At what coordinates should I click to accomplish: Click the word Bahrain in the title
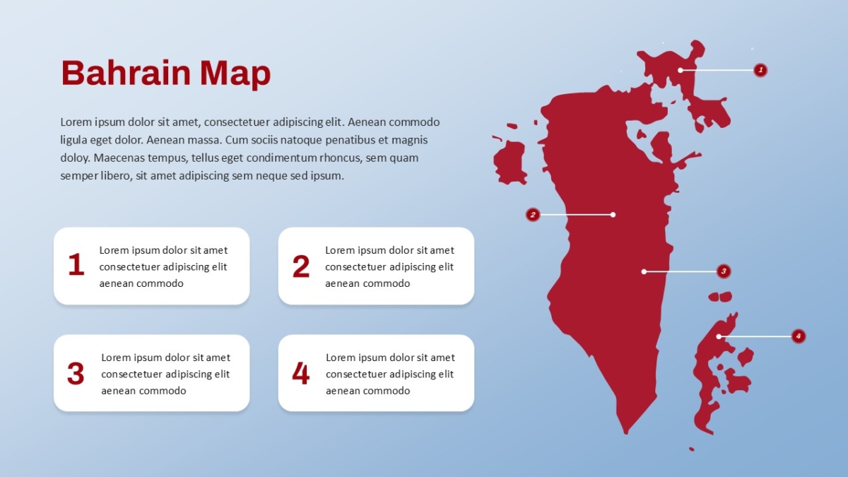pyautogui.click(x=126, y=72)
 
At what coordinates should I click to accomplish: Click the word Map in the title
pyautogui.click(x=235, y=75)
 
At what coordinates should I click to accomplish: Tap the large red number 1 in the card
pyautogui.click(x=76, y=264)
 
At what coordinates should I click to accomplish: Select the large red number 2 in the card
pyautogui.click(x=301, y=266)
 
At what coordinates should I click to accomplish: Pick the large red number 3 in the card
pyautogui.click(x=76, y=373)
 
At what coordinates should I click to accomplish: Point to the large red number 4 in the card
pyautogui.click(x=300, y=373)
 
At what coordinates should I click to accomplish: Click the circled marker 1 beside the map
pyautogui.click(x=760, y=70)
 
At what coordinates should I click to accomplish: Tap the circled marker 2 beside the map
pyautogui.click(x=533, y=215)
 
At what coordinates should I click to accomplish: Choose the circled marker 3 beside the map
pyautogui.click(x=724, y=271)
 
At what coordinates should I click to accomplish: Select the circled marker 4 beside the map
pyautogui.click(x=799, y=336)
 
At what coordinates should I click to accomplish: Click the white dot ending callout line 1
pyautogui.click(x=681, y=70)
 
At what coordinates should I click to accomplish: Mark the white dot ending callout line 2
pyautogui.click(x=613, y=215)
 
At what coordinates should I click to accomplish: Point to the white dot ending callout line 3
pyautogui.click(x=644, y=271)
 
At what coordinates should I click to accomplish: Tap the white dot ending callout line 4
pyautogui.click(x=719, y=336)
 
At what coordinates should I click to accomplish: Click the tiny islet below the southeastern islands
pyautogui.click(x=692, y=449)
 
